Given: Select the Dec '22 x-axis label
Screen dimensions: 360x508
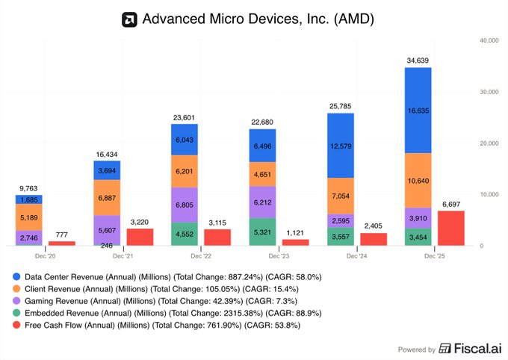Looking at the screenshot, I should (202, 255).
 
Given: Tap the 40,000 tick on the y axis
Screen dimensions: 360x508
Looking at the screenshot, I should (490, 40).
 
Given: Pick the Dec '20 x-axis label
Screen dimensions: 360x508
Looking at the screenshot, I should (46, 255).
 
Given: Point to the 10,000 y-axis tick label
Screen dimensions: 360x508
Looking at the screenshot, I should (490, 194).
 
